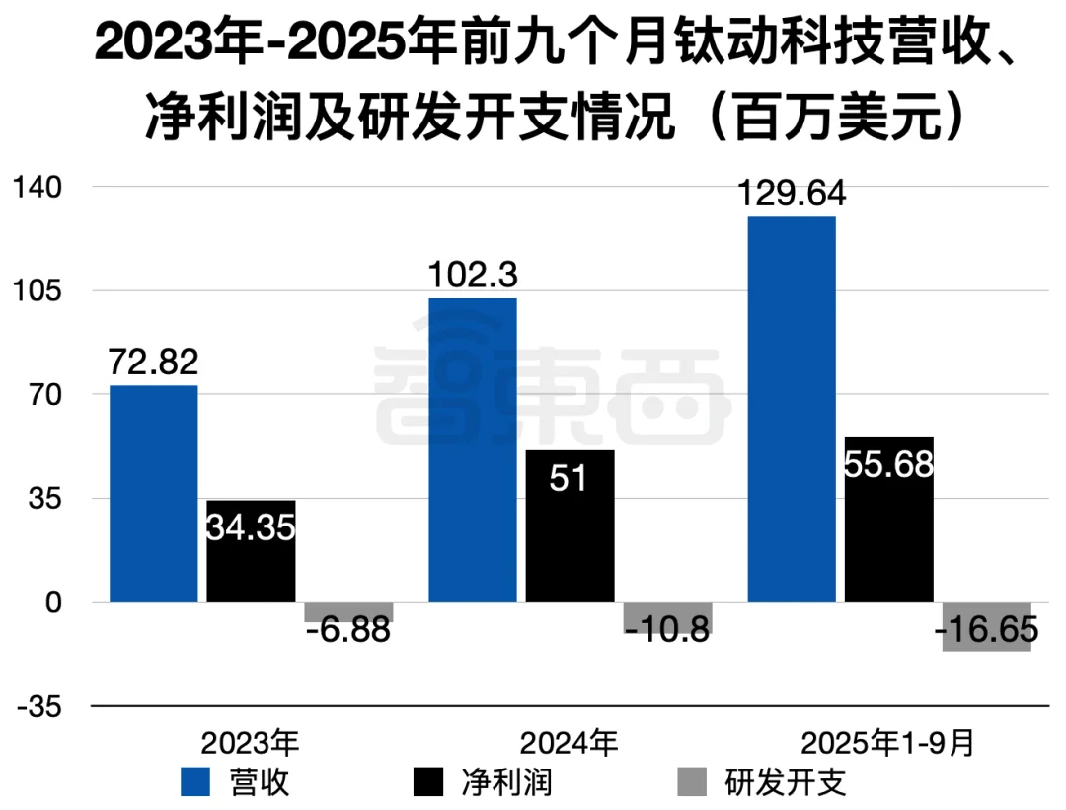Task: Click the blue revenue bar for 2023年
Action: tap(153, 493)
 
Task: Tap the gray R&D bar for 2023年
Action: tap(348, 611)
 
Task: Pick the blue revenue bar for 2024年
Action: tap(472, 449)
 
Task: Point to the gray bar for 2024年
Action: tap(667, 617)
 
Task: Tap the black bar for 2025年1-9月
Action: tap(889, 519)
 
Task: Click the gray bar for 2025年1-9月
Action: tap(987, 626)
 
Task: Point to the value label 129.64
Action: tap(792, 194)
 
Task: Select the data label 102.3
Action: tap(472, 276)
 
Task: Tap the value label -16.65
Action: tap(987, 629)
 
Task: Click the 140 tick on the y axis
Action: tap(38, 187)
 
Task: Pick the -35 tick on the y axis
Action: tap(38, 706)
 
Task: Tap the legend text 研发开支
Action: tap(786, 782)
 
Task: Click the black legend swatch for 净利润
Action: tap(429, 782)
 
